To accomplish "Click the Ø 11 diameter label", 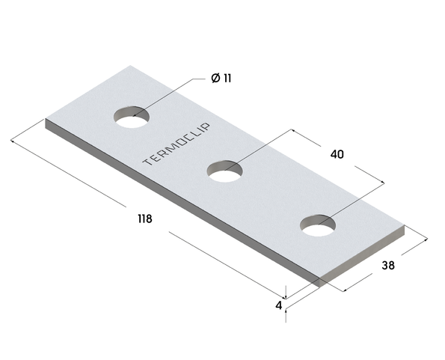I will point(221,79).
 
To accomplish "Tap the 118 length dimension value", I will point(145,219).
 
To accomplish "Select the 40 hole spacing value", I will point(337,155).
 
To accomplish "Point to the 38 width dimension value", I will point(388,265).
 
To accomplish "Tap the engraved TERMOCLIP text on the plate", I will point(177,144).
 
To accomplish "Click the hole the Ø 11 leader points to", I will point(132,117).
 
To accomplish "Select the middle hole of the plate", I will point(225,171).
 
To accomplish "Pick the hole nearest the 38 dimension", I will point(319,225).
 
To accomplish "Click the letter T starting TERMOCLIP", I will point(145,162).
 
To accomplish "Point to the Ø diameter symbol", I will point(215,79).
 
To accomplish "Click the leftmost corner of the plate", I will point(46,120).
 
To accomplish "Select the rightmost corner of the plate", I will point(403,227).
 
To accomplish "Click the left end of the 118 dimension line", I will point(13,138).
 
